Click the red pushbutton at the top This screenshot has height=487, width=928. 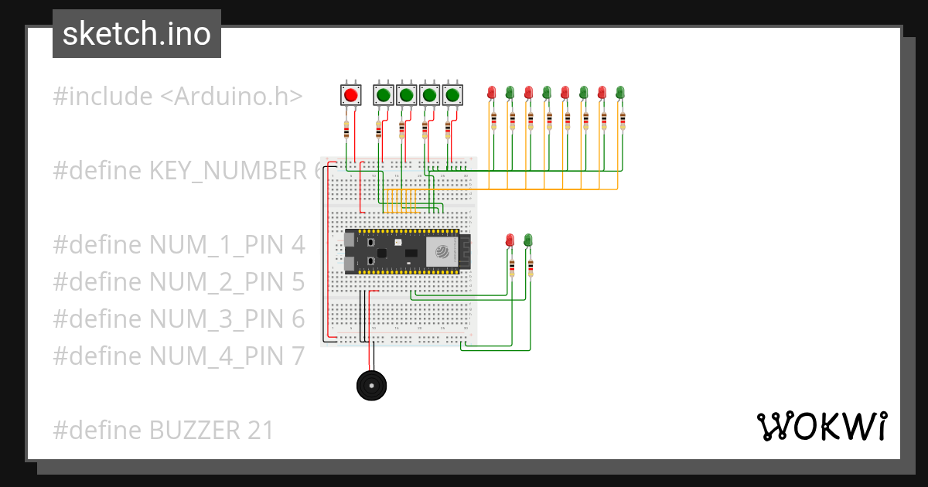point(350,95)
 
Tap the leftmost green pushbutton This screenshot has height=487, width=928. point(384,95)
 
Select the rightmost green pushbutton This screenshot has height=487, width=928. point(453,95)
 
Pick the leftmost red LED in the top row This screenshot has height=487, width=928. point(491,93)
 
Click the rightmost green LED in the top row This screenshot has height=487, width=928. point(620,93)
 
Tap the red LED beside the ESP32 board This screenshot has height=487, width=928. point(510,240)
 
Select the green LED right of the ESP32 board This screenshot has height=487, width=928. point(528,240)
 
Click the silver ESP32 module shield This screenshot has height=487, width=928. point(442,251)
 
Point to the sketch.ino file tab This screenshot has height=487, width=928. point(137,34)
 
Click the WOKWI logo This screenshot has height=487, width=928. point(821,426)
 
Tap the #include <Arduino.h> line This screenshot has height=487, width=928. point(177,97)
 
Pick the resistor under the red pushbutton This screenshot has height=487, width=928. point(346,129)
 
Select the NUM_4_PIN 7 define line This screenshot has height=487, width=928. point(179,356)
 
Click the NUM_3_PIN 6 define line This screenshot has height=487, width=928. point(179,319)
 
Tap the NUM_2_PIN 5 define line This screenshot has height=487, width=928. point(179,282)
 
